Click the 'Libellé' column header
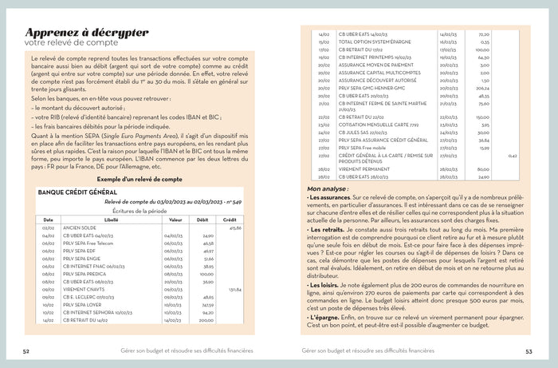111,220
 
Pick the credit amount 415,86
234,228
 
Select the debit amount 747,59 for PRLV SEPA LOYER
206,304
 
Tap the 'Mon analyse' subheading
327,188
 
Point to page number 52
26,350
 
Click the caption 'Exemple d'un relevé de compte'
139,180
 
